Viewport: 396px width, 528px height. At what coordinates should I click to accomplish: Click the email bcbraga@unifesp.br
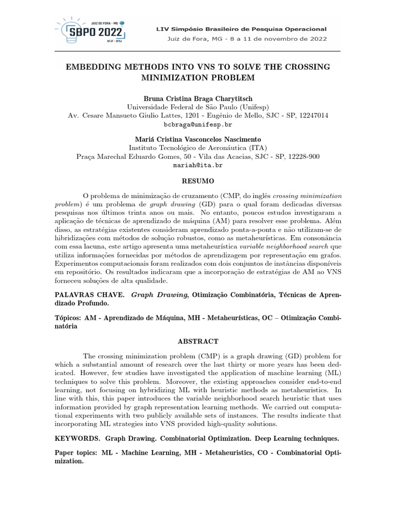click(198, 125)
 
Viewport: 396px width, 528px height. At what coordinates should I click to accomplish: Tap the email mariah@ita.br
click(198, 165)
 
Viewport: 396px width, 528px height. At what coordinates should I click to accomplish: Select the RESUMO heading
click(198, 181)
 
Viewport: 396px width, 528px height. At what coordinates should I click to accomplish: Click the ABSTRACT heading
click(198, 341)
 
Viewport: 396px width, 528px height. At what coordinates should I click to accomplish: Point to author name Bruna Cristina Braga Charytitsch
click(198, 98)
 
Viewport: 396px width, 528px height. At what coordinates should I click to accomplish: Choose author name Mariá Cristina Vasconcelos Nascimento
click(198, 139)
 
